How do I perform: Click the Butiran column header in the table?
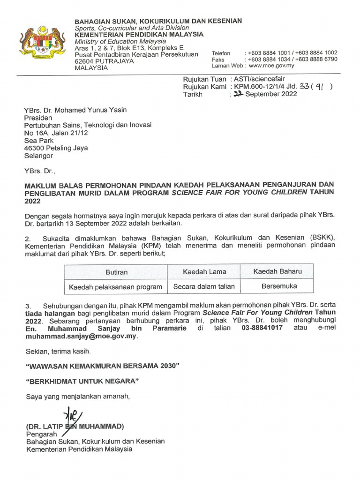[116, 272]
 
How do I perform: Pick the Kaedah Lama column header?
[204, 271]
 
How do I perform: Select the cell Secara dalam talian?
[204, 286]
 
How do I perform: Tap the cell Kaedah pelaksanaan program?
[116, 286]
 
